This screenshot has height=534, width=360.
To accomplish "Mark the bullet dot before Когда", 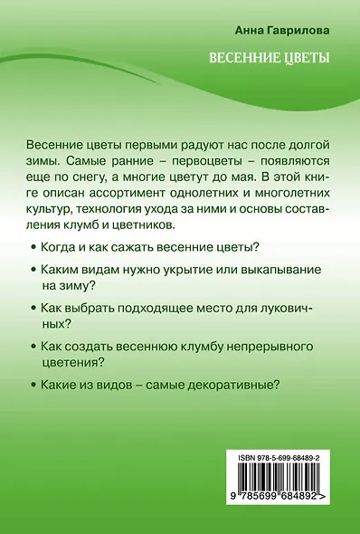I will click(x=33, y=247).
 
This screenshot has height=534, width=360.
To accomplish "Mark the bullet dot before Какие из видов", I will click(x=33, y=384).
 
